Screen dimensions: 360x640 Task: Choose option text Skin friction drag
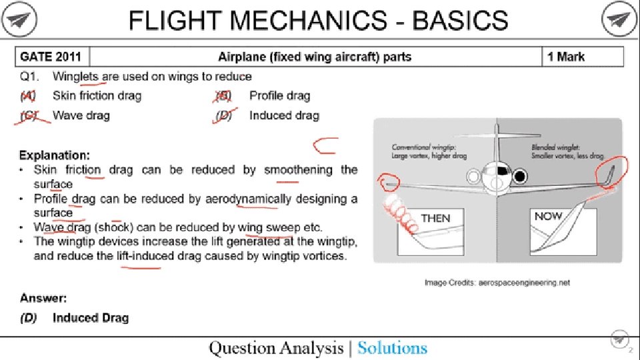tap(97, 96)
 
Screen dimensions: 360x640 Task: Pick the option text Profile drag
tap(280, 96)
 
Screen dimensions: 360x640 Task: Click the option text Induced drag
tap(285, 115)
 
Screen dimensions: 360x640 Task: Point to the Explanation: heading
tap(55, 155)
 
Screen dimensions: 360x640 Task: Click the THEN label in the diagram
tap(435, 218)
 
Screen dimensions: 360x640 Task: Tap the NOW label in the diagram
tap(548, 216)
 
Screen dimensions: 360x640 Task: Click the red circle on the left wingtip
tap(388, 181)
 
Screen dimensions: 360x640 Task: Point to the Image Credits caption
tap(497, 283)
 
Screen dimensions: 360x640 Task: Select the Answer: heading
tap(43, 297)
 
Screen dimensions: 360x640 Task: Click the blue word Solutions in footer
tap(392, 347)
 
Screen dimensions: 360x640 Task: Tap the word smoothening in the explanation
tap(298, 170)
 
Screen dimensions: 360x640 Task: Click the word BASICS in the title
tap(460, 21)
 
